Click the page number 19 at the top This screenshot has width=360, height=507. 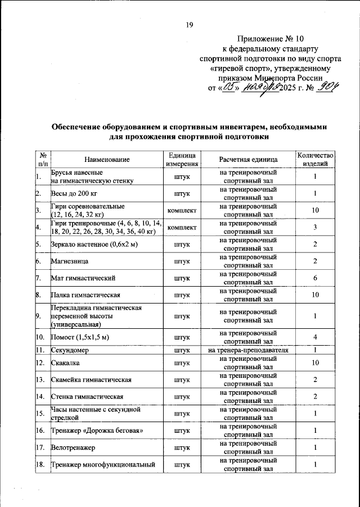[190, 24]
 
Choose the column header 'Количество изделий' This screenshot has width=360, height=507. [316, 160]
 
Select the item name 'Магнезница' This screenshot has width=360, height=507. [71, 261]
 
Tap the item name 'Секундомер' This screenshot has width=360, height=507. [71, 350]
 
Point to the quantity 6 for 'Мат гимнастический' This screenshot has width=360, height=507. [316, 278]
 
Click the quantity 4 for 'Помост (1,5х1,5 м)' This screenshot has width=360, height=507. [316, 337]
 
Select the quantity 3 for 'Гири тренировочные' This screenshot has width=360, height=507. [316, 227]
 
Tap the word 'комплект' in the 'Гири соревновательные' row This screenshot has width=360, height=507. [182, 211]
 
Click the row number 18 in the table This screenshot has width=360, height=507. [40, 465]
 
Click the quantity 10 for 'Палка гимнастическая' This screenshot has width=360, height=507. [316, 295]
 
